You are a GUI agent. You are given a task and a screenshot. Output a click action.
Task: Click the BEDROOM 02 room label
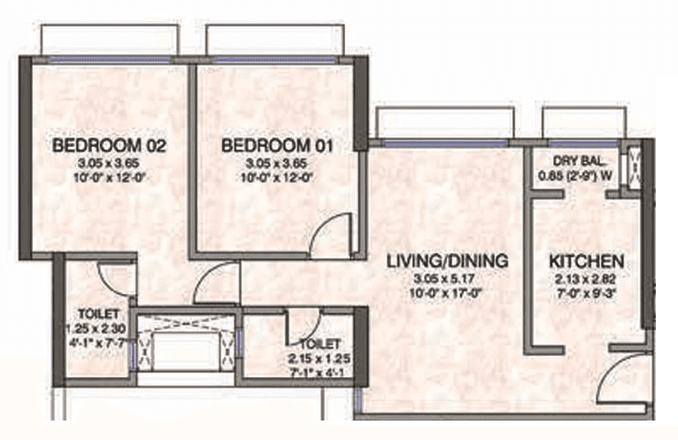tap(97, 145)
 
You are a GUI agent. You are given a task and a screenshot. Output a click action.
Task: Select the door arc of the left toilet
tap(117, 278)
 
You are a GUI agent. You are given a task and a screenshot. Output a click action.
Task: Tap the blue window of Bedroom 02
tap(109, 59)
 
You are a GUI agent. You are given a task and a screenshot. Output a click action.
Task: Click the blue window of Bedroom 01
tap(273, 59)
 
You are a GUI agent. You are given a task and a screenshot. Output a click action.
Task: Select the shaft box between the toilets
tap(185, 346)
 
